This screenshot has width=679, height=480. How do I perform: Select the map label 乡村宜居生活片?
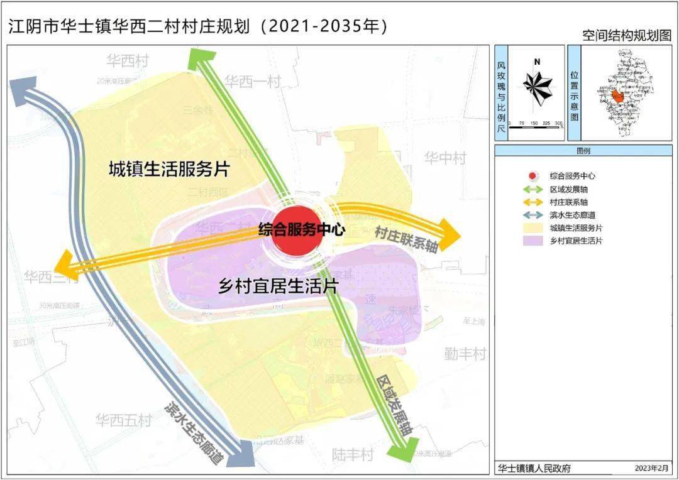click(279, 286)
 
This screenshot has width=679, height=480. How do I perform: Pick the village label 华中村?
click(444, 157)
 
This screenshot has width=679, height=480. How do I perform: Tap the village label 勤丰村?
click(465, 354)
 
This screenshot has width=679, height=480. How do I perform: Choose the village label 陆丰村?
click(353, 454)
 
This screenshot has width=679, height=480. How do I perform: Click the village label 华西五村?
click(124, 419)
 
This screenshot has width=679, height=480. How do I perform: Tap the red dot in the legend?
click(533, 177)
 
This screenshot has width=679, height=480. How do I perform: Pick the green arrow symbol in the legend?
click(533, 189)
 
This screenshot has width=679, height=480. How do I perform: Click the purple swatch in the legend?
click(533, 241)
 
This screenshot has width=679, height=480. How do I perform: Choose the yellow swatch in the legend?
click(533, 227)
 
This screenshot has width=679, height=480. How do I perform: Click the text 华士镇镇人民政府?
click(534, 468)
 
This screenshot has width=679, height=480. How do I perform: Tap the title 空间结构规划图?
click(627, 35)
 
